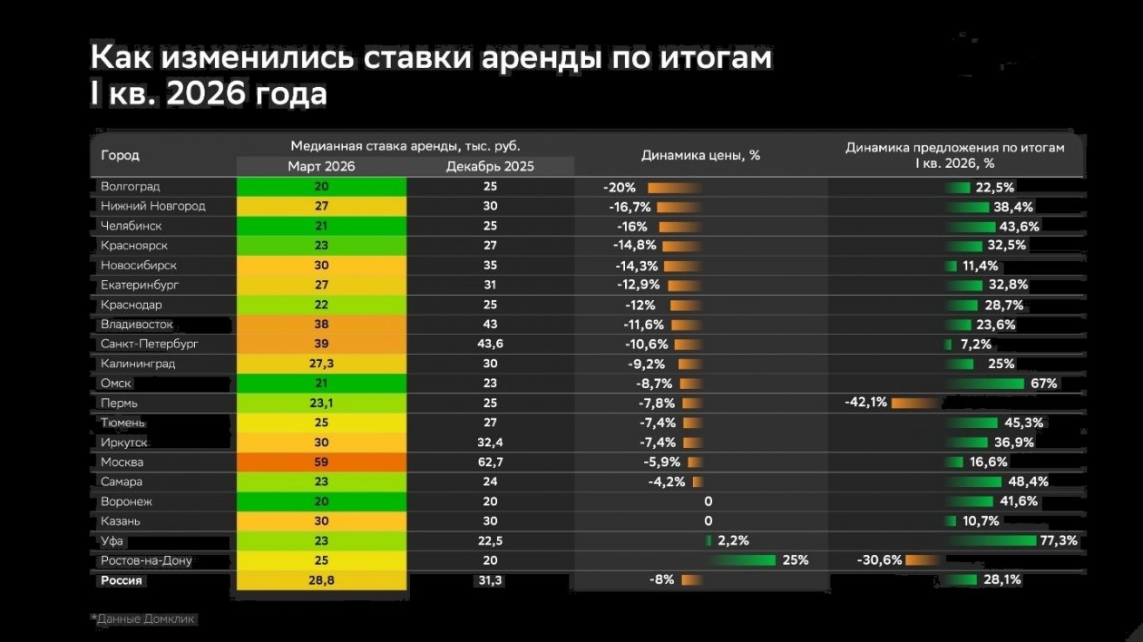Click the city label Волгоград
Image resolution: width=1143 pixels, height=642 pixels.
pyautogui.click(x=131, y=187)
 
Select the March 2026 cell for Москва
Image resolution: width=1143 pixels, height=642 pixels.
pyautogui.click(x=321, y=462)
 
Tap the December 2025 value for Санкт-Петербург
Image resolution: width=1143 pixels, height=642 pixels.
pyautogui.click(x=490, y=345)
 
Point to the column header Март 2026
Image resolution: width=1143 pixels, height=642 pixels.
pyautogui.click(x=321, y=167)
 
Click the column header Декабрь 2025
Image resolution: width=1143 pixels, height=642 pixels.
pyautogui.click(x=490, y=167)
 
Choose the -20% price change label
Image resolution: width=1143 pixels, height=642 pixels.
pyautogui.click(x=620, y=188)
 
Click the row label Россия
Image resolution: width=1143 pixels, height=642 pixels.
pyautogui.click(x=122, y=580)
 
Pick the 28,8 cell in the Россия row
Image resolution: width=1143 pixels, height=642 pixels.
pyautogui.click(x=321, y=580)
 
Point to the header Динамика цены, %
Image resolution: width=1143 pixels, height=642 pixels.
pyautogui.click(x=700, y=155)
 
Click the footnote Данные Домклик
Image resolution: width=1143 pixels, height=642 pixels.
pyautogui.click(x=145, y=619)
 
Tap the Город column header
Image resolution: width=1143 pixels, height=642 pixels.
pyautogui.click(x=120, y=155)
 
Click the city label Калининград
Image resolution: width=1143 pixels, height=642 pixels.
pyautogui.click(x=138, y=364)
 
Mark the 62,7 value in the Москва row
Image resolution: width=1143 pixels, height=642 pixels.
pyautogui.click(x=490, y=462)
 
